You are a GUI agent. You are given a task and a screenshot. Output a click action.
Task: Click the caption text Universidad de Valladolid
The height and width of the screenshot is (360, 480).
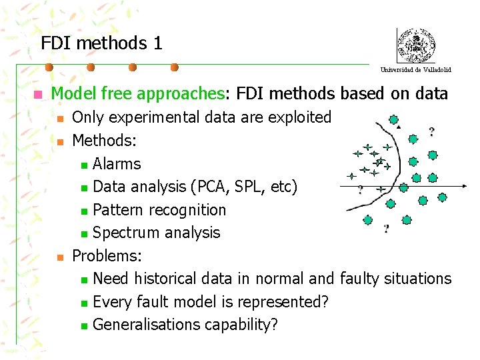tap(415, 69)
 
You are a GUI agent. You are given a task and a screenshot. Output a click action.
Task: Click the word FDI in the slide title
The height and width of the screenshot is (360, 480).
tap(57, 43)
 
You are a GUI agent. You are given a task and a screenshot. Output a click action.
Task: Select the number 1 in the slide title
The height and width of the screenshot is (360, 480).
tap(157, 43)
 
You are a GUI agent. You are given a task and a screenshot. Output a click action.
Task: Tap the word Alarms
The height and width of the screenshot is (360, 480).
tap(117, 164)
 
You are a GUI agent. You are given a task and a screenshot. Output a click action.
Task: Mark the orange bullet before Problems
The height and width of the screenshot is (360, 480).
tap(60, 256)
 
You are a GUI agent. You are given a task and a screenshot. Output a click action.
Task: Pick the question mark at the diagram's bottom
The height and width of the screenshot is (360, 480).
tap(386, 229)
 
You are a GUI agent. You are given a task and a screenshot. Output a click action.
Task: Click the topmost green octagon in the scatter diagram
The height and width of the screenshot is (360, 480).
tap(394, 120)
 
